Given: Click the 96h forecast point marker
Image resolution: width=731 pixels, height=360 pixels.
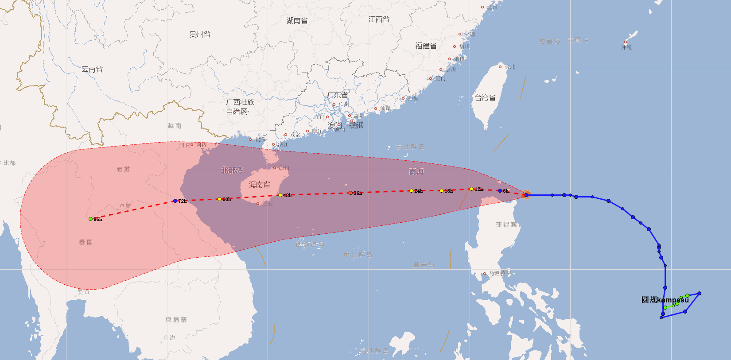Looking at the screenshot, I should click(x=90, y=219).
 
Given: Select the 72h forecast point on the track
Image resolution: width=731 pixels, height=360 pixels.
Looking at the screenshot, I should click(x=175, y=201).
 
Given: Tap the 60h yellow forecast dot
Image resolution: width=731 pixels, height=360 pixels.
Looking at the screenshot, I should click(x=219, y=199).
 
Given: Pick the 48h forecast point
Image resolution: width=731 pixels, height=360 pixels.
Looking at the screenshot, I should click(x=280, y=195).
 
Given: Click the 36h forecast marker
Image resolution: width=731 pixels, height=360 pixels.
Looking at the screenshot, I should click(x=350, y=193).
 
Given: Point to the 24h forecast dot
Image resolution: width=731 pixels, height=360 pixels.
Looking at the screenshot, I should click(x=411, y=191).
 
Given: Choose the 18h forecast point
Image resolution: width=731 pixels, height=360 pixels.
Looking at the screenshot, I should click(x=441, y=191).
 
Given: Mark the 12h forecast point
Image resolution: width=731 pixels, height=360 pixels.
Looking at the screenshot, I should click(x=471, y=189).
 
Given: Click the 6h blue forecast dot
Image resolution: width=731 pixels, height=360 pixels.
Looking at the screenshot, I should click(x=500, y=191).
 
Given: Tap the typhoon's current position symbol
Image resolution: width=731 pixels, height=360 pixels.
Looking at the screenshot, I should click(x=525, y=194).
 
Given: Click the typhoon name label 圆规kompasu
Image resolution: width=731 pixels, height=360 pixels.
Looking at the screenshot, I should click(x=665, y=300).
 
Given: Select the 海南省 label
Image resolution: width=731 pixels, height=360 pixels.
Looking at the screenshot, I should click(x=260, y=185).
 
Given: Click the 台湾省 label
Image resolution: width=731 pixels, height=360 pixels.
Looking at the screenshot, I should click(x=485, y=98).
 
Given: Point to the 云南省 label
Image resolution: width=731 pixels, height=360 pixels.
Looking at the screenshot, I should click(x=92, y=70).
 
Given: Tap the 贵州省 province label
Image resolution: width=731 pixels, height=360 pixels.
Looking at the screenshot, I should click(x=200, y=35).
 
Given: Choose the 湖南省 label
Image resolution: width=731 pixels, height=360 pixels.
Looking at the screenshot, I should click(x=297, y=21).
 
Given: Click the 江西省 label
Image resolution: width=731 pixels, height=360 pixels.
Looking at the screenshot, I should click(x=379, y=19).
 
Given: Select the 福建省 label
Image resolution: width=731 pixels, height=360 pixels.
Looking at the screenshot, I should click(x=426, y=46).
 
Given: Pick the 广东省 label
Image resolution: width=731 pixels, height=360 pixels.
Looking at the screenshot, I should click(x=338, y=95).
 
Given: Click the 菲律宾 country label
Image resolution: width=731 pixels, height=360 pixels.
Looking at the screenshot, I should click(x=506, y=225).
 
